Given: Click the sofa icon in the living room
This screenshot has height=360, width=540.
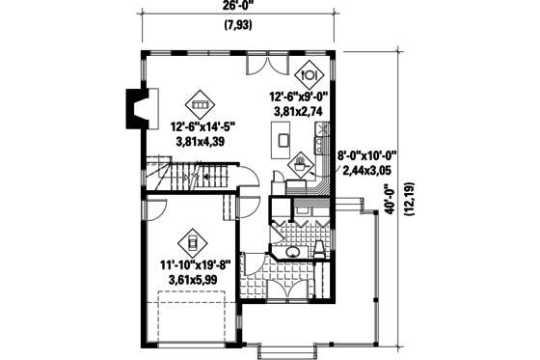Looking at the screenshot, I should pyautogui.click(x=200, y=100).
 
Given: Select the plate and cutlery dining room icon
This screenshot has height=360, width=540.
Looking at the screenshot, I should pyautogui.click(x=310, y=73).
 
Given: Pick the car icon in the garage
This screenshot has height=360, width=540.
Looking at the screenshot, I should pyautogui.click(x=192, y=240).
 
